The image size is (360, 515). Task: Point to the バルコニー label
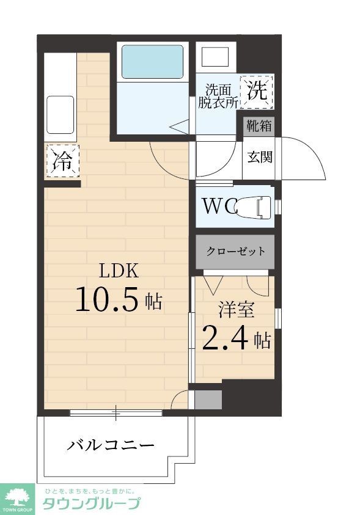pyautogui.click(x=111, y=445)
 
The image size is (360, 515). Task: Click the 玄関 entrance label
pyautogui.click(x=259, y=157)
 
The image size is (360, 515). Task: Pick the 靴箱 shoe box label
pyautogui.click(x=259, y=126)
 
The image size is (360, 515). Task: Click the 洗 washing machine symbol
pyautogui.click(x=257, y=92)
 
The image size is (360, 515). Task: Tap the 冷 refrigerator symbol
pyautogui.click(x=62, y=161)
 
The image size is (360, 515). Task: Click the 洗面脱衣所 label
pyautogui.click(x=218, y=96)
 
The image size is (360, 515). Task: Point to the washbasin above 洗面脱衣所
pyautogui.click(x=215, y=58)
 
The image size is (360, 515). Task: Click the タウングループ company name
pyautogui.click(x=91, y=504)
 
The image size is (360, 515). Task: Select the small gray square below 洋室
pyautogui.click(x=208, y=400)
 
